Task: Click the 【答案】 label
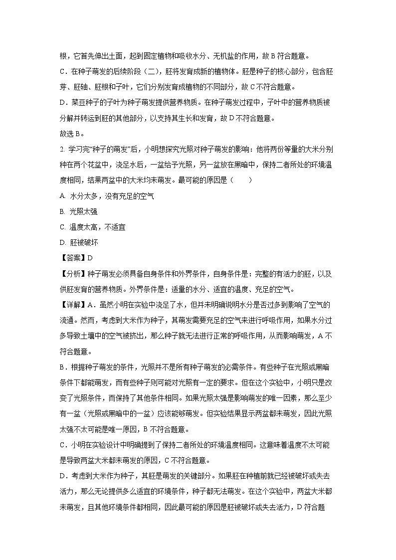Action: (x=73, y=258)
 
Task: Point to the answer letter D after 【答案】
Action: (x=90, y=258)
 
